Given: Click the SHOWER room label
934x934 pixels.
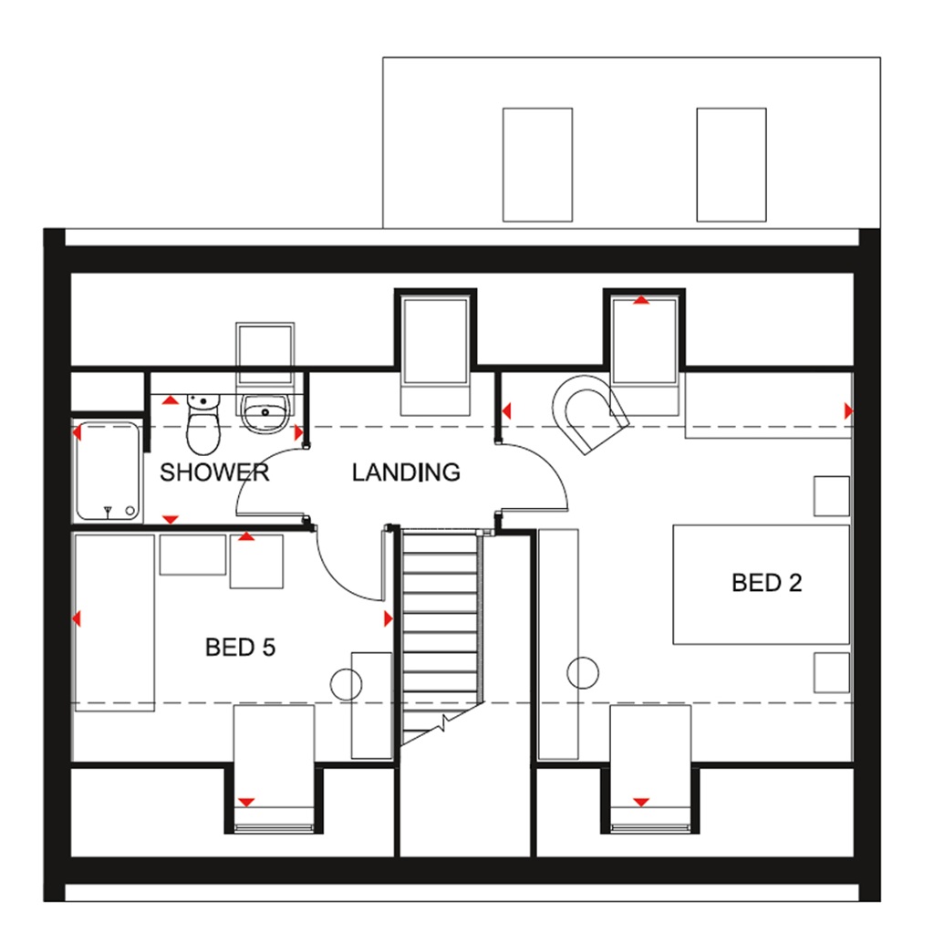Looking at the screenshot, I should pos(214,472).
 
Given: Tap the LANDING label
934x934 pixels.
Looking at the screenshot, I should pos(406,472).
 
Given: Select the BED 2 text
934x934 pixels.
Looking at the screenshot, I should pos(766,583).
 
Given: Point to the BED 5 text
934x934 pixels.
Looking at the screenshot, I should pos(240,648).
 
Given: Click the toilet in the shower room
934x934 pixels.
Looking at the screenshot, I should pos(202,426).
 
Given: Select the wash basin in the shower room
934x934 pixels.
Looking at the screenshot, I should pos(265,412).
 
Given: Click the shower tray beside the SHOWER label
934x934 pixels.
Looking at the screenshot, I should pos(108,471).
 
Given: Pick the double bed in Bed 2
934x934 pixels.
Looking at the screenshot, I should pos(761,584).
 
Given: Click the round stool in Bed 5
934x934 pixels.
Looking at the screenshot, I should pos(347,684).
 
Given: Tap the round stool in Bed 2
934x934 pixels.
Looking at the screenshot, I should pos(583,673).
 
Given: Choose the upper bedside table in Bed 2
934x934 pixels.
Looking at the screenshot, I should pos(832,496).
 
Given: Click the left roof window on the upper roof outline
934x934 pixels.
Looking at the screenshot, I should pos(537,164).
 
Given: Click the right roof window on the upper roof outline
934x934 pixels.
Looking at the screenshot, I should pos(731,164).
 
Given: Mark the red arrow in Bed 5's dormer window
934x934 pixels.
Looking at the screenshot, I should pos(245,802).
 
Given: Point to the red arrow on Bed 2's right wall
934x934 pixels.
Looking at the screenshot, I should pos(848,411).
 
